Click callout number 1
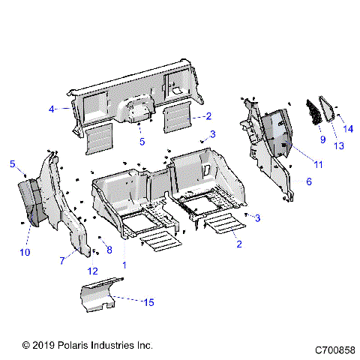[124, 265]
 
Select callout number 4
[52, 109]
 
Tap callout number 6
[309, 181]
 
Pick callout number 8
[109, 249]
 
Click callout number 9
[322, 139]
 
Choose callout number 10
[25, 253]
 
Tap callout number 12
[93, 271]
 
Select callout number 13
[339, 145]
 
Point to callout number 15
[148, 302]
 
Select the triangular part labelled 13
[328, 111]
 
